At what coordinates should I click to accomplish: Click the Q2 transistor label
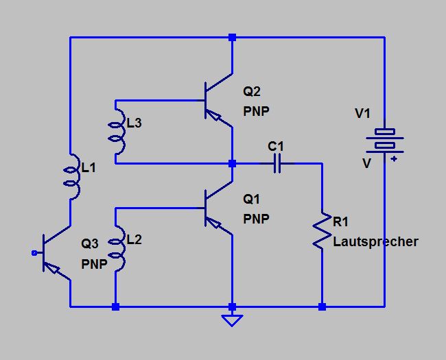click(252, 92)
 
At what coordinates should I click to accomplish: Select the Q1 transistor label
click(252, 200)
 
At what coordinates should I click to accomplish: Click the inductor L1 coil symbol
click(71, 176)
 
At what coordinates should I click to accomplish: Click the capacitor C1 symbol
click(277, 164)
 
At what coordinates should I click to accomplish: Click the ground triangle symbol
click(233, 319)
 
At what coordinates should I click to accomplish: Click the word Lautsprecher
click(375, 242)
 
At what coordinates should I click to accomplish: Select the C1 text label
click(276, 146)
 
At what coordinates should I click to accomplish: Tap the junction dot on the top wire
click(233, 37)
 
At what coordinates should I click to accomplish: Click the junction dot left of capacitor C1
click(233, 164)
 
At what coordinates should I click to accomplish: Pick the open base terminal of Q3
click(34, 253)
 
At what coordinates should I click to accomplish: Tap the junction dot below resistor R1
click(322, 307)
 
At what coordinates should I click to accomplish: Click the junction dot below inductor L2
click(115, 307)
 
